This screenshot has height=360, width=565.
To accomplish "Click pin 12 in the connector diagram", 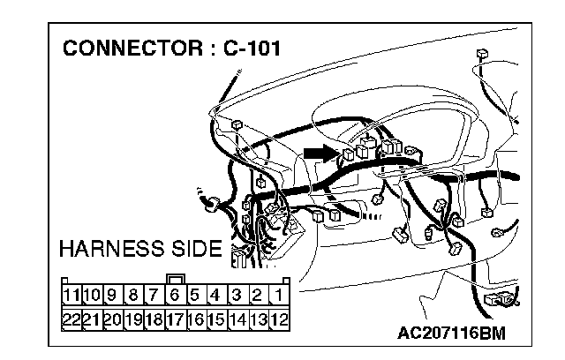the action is (x=280, y=317).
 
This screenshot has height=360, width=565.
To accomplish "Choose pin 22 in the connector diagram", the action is (x=72, y=317).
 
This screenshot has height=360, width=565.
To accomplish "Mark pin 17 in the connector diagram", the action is (x=176, y=317).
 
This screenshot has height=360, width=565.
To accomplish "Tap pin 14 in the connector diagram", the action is (x=237, y=317).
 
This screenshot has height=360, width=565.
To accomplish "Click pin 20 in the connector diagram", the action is (x=113, y=317).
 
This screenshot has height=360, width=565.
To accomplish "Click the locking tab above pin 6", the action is (x=176, y=279).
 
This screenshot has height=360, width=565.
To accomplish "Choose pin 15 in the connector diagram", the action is (x=217, y=317).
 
